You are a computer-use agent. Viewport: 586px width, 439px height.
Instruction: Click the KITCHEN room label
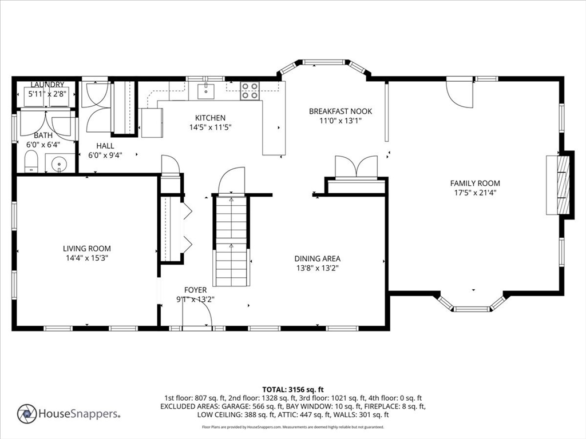(210, 118)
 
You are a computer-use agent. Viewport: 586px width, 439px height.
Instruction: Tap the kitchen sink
(205, 91)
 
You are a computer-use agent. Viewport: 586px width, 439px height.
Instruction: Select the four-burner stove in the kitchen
(250, 91)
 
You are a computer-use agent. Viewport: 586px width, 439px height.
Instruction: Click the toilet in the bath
(31, 162)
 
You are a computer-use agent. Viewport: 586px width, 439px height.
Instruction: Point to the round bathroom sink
(60, 163)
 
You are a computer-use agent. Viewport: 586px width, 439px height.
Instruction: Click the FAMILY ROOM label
(475, 183)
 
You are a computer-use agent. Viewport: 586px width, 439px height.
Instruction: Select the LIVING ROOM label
(87, 249)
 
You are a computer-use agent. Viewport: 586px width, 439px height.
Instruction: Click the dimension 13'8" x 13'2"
(317, 268)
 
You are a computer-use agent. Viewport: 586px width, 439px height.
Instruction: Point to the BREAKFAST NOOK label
(340, 111)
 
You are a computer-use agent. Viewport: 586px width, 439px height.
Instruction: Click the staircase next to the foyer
(231, 241)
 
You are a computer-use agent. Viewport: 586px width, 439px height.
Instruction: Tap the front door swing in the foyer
(197, 313)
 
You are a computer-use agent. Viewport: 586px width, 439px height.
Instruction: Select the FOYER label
(196, 290)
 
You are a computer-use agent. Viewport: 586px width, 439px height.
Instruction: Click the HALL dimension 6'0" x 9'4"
(105, 155)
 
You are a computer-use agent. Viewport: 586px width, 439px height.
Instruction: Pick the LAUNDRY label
(47, 85)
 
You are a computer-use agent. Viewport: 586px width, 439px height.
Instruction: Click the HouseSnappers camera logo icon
(27, 414)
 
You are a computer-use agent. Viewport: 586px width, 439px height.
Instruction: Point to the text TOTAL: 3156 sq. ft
(293, 390)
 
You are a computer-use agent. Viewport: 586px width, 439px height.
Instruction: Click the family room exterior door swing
(460, 93)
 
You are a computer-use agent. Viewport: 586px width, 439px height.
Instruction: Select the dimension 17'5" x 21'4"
(475, 193)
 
